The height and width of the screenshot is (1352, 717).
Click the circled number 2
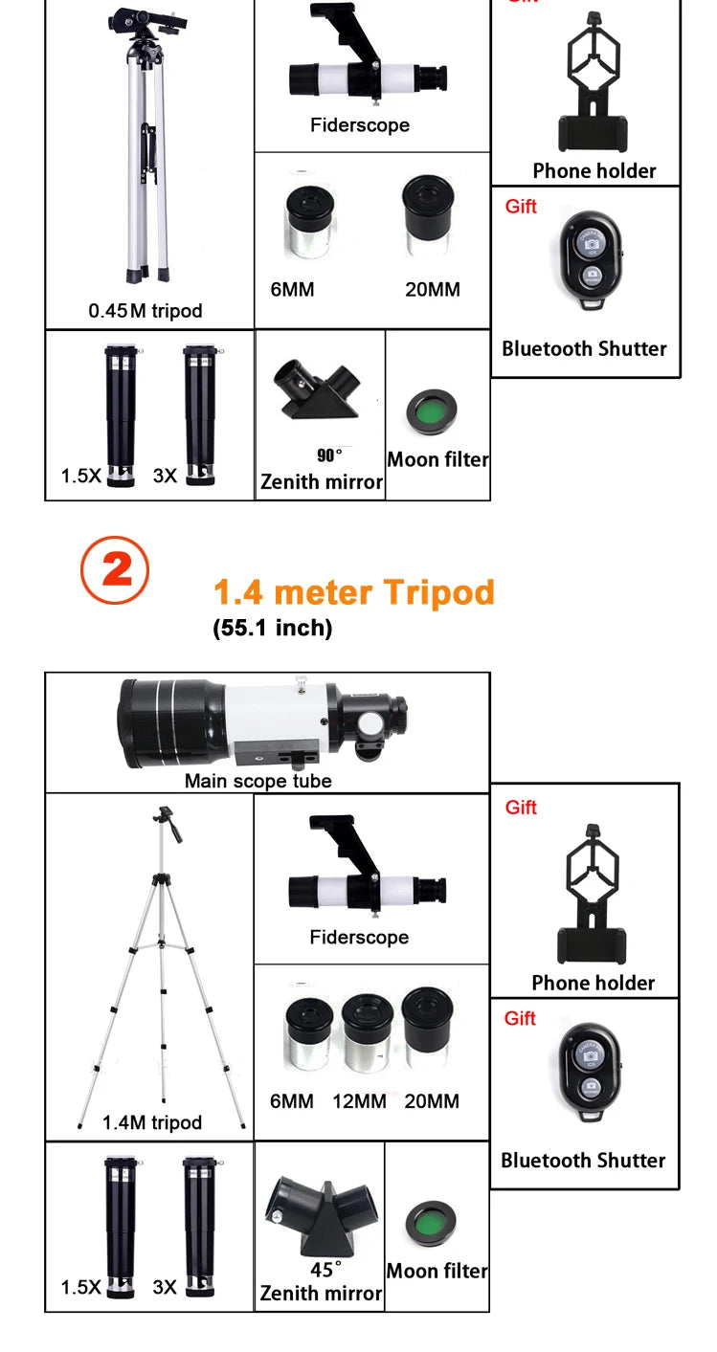tap(114, 570)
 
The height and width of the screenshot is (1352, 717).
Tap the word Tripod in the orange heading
tap(438, 592)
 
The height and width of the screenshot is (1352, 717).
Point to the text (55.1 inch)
tap(272, 628)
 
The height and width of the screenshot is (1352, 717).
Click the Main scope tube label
tap(258, 781)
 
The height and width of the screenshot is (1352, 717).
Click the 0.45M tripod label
tap(146, 310)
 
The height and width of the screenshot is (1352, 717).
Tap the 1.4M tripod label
tap(152, 1122)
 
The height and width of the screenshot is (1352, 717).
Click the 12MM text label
tap(359, 1101)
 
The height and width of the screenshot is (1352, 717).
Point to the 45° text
tap(325, 1270)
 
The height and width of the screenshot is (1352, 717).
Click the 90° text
tap(329, 455)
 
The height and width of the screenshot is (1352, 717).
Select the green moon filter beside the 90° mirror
tap(432, 410)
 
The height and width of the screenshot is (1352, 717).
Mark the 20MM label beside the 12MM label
tap(432, 1101)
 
